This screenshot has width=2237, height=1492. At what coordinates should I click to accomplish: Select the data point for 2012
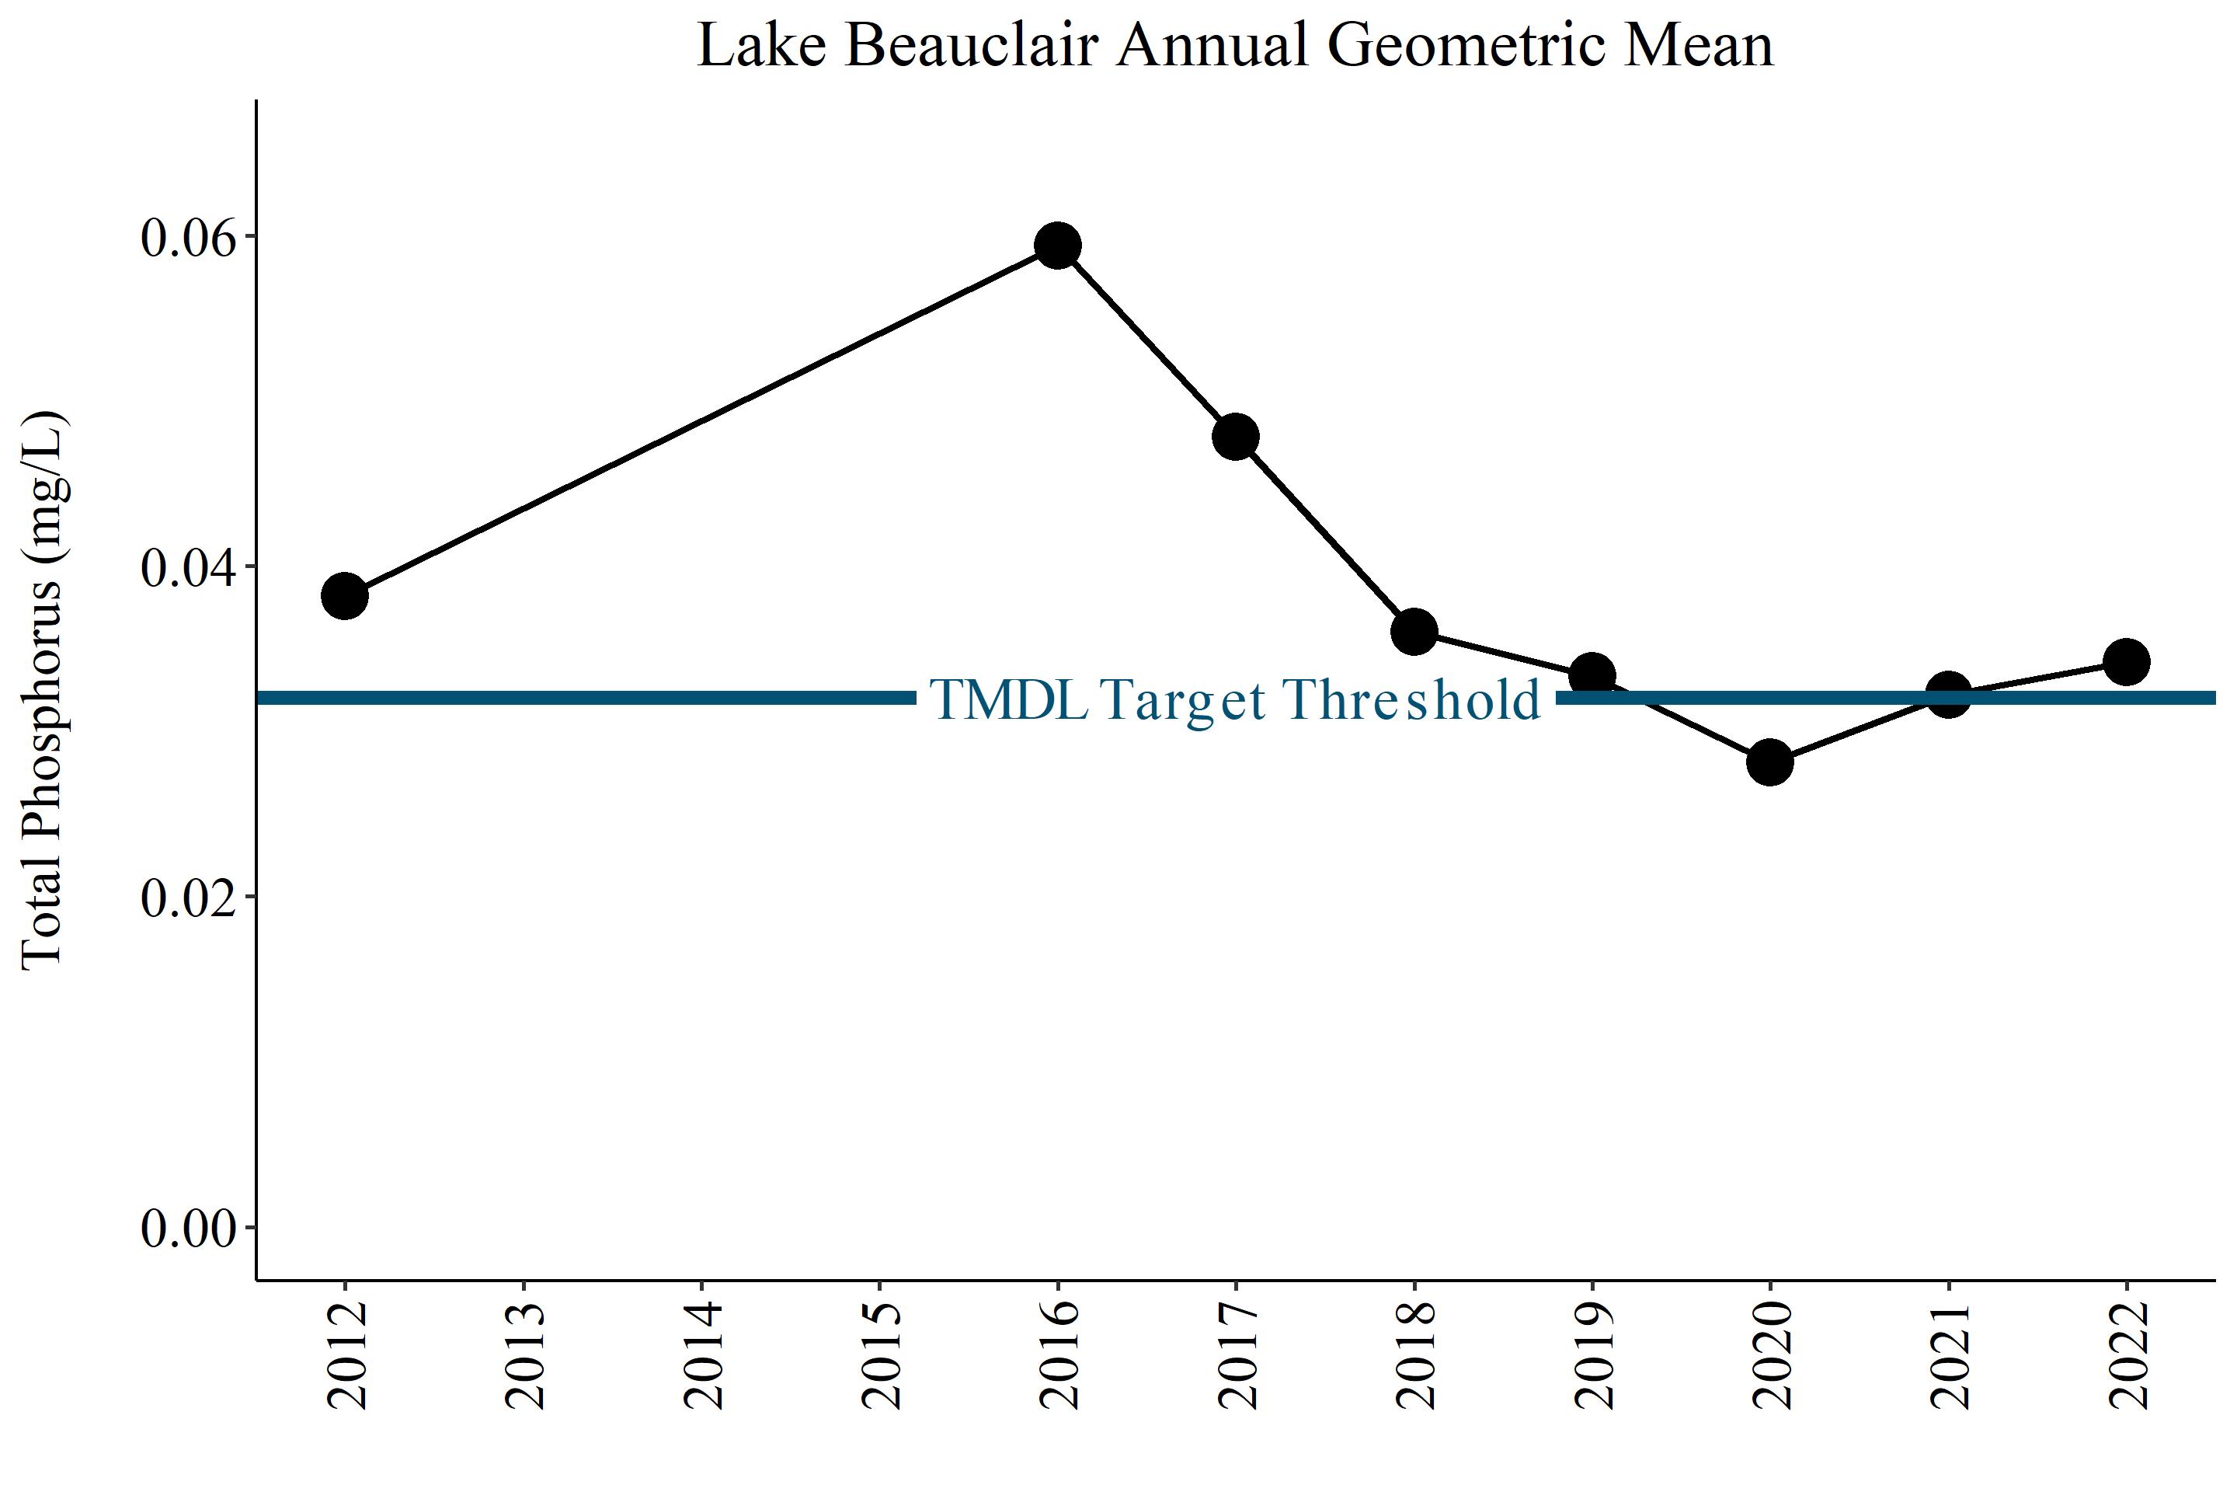point(345,597)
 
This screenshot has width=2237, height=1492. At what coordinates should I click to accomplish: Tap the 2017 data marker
point(1236,437)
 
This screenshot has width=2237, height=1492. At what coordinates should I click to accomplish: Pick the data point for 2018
point(1414,632)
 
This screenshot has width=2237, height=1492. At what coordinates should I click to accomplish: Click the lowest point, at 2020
point(1770,762)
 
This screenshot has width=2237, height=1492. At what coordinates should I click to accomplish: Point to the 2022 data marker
point(2127,661)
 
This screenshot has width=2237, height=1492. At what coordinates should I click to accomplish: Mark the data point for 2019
point(1592,675)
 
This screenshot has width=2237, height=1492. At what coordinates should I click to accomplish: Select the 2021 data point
point(1948,694)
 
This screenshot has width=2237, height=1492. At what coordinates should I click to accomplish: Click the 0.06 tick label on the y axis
point(188,238)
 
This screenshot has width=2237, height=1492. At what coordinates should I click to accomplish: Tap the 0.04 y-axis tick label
point(188,568)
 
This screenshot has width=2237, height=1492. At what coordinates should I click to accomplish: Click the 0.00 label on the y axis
point(188,1229)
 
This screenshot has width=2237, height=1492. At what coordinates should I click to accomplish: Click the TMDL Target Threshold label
point(1234,699)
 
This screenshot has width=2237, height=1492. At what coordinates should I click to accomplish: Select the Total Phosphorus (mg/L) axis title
point(43,691)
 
